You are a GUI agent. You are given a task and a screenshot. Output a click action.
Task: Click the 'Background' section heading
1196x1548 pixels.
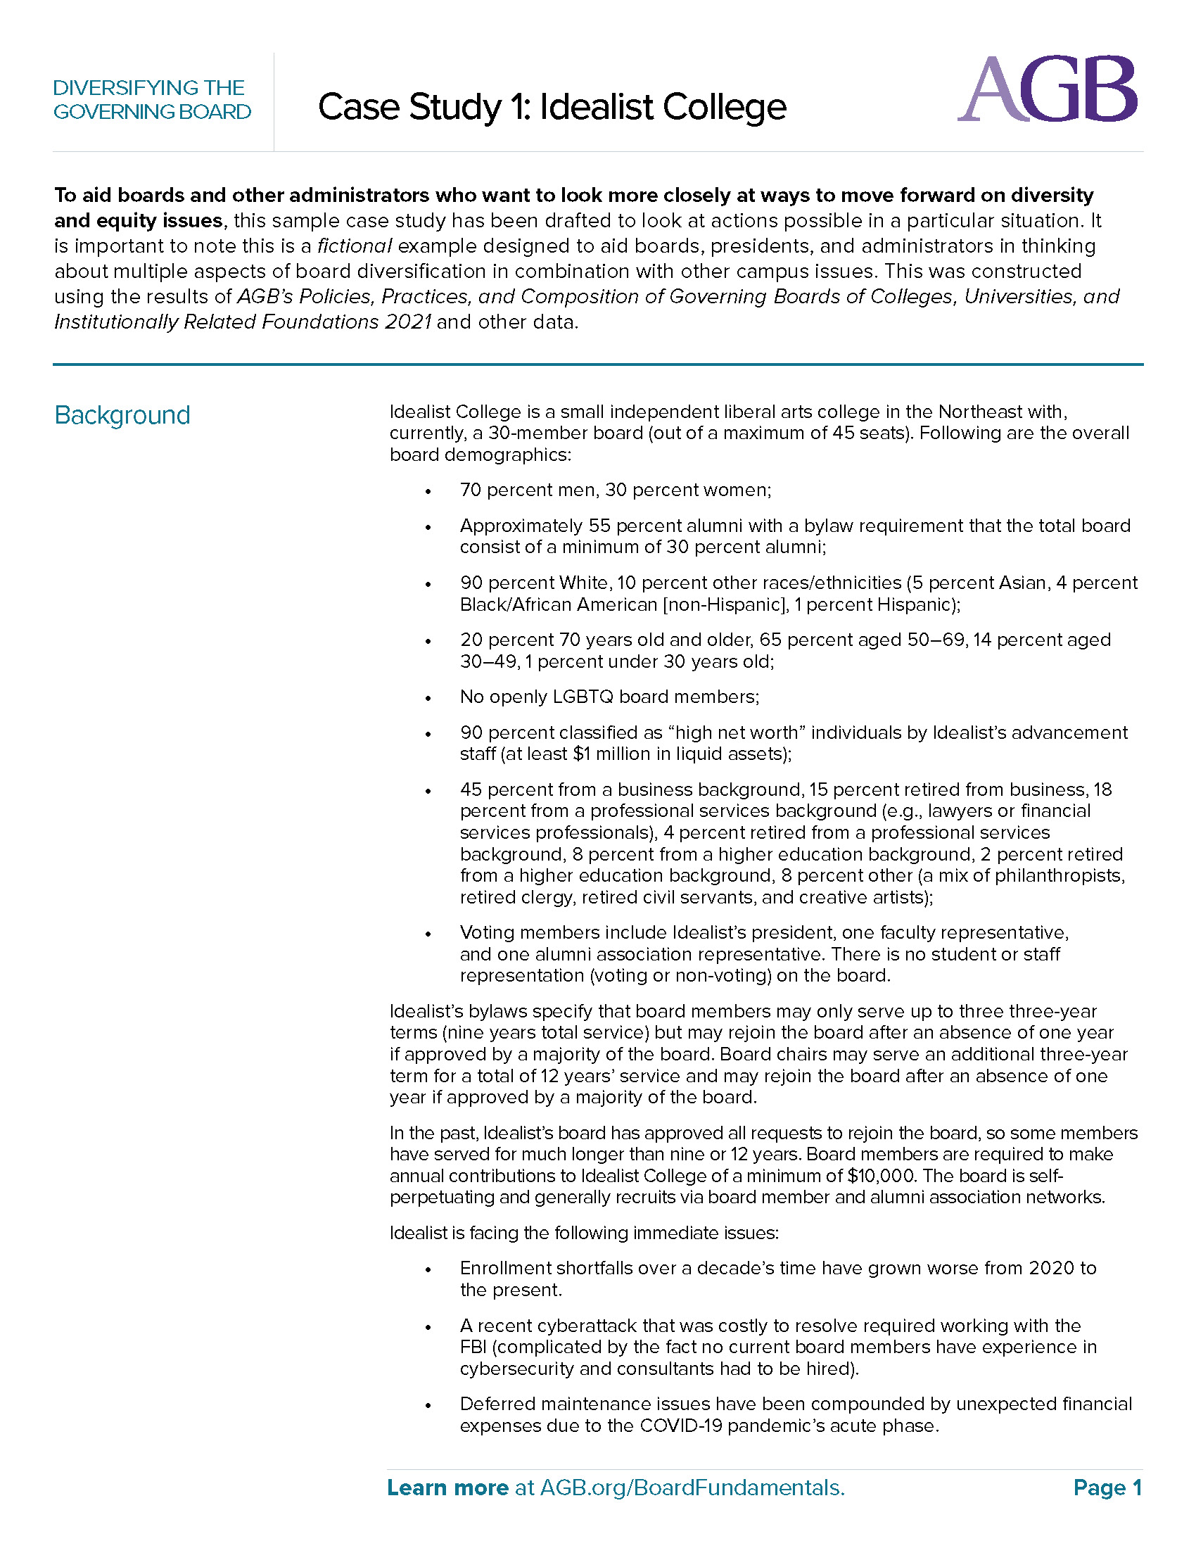click(122, 415)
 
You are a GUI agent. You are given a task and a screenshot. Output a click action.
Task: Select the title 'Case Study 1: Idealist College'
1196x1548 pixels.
click(552, 108)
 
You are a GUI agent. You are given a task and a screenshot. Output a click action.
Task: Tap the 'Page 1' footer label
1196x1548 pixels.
click(1107, 1487)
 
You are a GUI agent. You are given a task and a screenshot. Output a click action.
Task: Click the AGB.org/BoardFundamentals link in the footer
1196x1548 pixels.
click(692, 1487)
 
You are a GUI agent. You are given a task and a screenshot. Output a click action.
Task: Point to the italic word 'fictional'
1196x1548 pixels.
click(355, 246)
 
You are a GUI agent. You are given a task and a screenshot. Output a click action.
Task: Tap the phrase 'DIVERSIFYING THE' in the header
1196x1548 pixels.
click(148, 88)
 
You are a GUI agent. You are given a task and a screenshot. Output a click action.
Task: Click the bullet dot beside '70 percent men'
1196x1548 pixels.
click(428, 491)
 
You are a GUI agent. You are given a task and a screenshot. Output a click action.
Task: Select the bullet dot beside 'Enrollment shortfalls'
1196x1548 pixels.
click(428, 1269)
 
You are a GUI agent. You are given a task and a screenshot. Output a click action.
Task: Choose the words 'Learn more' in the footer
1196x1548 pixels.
click(447, 1487)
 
